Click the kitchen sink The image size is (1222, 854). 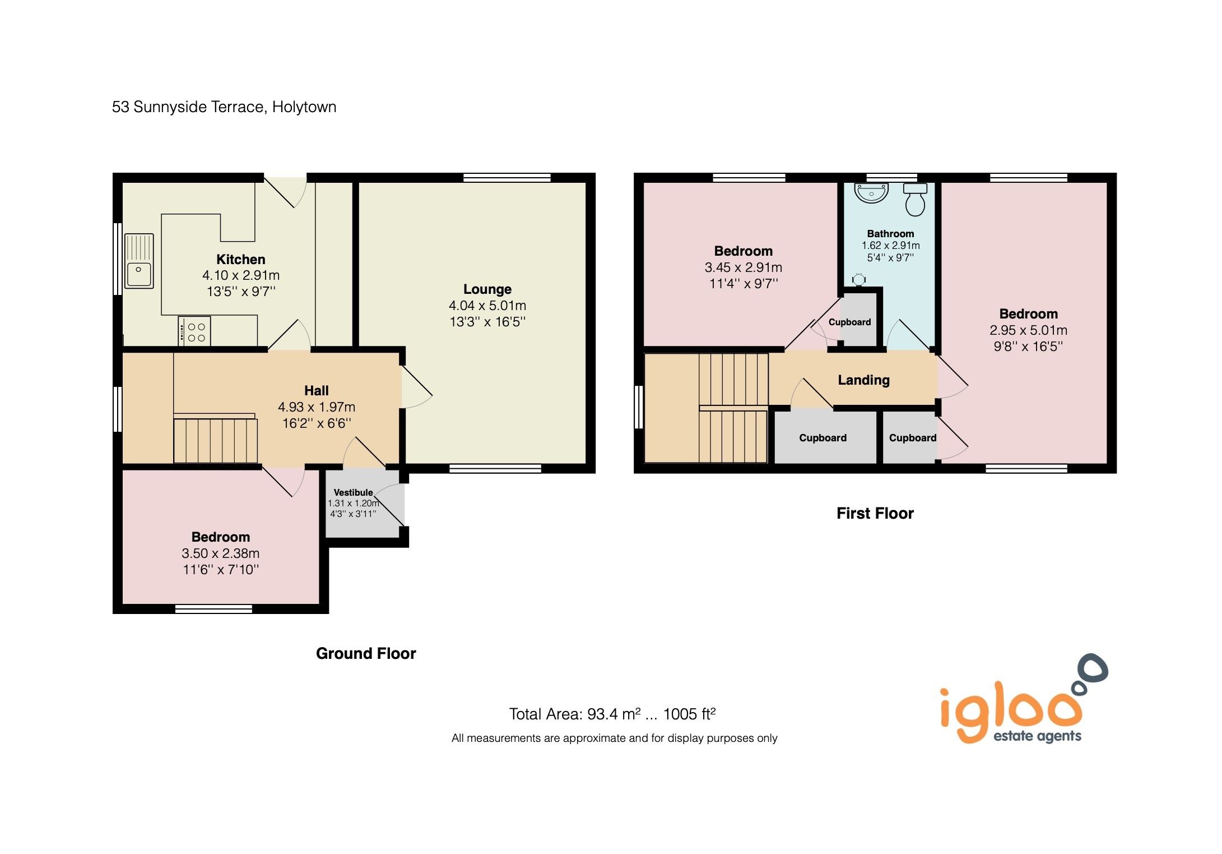(138, 261)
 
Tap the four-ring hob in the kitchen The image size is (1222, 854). (194, 331)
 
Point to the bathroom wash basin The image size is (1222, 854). (871, 192)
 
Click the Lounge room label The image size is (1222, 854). (487, 289)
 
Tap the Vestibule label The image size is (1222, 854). (353, 492)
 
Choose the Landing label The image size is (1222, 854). (863, 380)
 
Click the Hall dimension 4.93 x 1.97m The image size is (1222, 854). (316, 407)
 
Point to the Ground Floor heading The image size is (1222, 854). (366, 653)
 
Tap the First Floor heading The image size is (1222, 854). (875, 513)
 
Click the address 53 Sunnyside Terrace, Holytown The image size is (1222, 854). (224, 107)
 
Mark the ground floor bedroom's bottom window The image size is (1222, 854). (213, 609)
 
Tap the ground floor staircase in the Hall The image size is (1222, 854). (215, 441)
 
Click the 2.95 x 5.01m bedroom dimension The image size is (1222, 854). (1028, 330)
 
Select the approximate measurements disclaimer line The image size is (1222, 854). (614, 738)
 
